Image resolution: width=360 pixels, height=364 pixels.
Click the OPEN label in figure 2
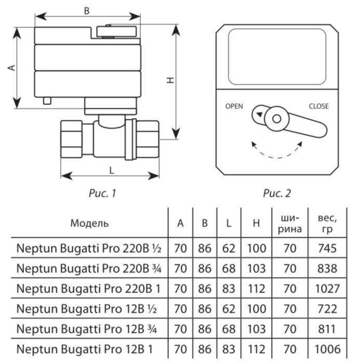234,106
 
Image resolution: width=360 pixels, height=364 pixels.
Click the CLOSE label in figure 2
318,106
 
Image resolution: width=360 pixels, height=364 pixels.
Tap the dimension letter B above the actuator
87,10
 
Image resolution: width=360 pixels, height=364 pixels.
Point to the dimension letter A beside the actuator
9,68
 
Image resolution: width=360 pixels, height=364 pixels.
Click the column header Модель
89,223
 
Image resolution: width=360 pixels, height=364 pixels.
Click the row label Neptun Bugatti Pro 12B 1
85,348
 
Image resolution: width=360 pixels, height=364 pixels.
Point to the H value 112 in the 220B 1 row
256,288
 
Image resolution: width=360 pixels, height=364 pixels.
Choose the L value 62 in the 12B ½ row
229,308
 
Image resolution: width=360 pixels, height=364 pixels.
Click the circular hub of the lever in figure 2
276,119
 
